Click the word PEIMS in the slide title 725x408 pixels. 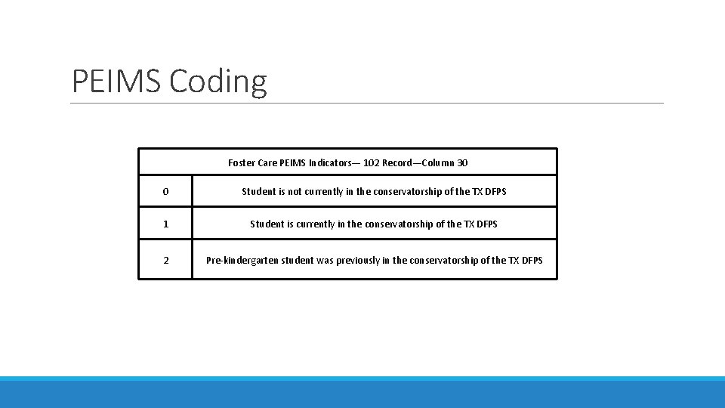[x=116, y=81]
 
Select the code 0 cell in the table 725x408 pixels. [x=165, y=191]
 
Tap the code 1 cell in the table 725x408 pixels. [x=165, y=224]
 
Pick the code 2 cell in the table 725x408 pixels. [x=165, y=261]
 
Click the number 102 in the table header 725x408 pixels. [x=371, y=162]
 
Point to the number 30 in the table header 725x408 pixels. [x=462, y=162]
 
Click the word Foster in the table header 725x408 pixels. [x=242, y=162]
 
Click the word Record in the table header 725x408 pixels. [x=398, y=162]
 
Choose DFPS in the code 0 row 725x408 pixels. [x=495, y=191]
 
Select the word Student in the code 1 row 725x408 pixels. [x=267, y=224]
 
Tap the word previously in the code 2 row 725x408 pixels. [x=358, y=261]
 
